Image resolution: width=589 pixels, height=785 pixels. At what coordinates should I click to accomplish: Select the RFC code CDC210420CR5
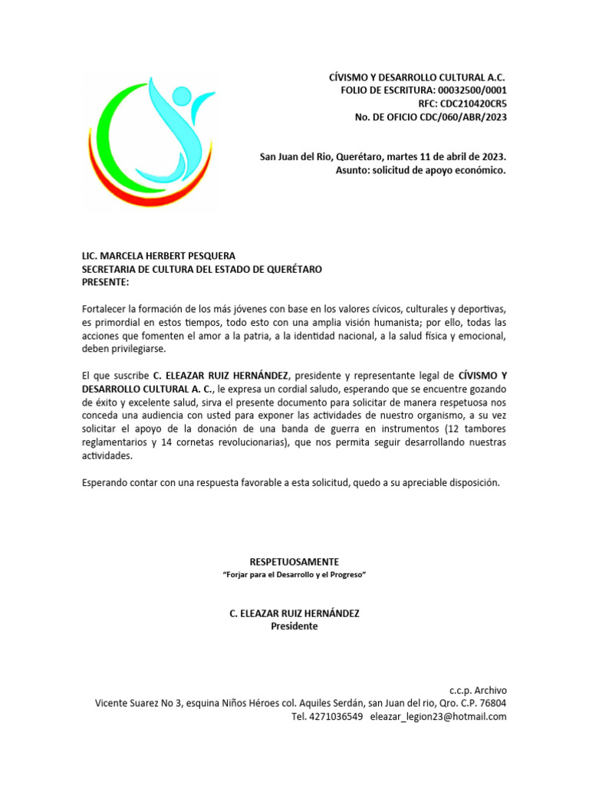point(473,103)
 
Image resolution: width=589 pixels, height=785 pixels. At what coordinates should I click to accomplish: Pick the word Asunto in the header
point(352,169)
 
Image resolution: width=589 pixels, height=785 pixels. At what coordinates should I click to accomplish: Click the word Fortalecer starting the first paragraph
point(106,308)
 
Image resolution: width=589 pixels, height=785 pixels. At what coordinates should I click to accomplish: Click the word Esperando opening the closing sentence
point(107,482)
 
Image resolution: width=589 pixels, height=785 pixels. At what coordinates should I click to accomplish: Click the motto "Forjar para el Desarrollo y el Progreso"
point(294,574)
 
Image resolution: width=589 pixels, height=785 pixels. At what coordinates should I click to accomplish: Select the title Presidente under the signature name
point(294,626)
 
